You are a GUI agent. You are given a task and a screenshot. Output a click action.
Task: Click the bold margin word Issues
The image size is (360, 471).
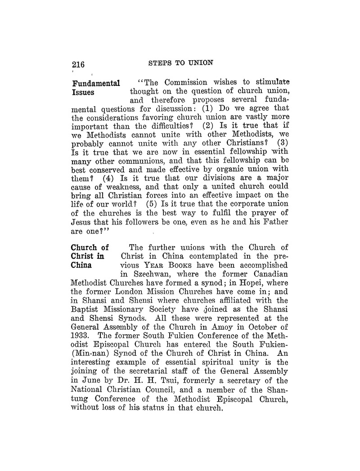tap(83, 93)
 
